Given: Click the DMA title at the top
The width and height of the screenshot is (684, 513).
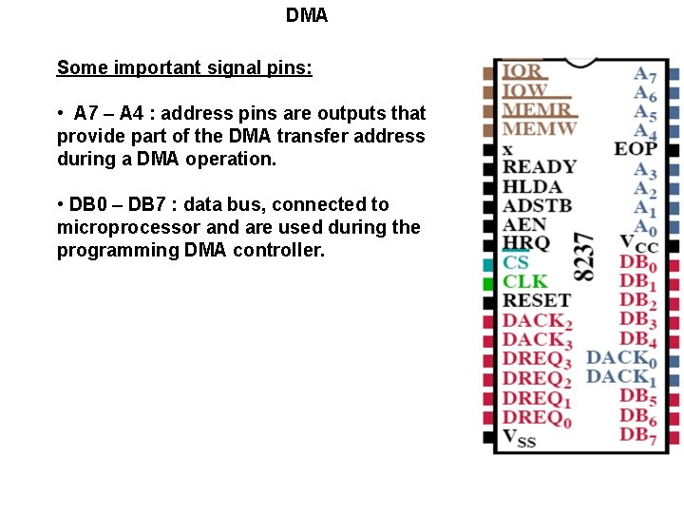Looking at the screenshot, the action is [x=307, y=16].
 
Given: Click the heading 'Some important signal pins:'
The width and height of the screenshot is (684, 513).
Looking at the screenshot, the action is [x=184, y=67].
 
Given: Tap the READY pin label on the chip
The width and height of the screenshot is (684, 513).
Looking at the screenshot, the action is [x=539, y=167].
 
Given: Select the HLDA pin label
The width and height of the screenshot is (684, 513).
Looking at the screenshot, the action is [x=532, y=186].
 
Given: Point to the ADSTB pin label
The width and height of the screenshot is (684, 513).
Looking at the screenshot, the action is [x=537, y=205].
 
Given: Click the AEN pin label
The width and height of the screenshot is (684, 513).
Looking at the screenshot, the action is [x=524, y=224].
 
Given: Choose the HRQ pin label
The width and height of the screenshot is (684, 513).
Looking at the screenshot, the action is [x=525, y=243].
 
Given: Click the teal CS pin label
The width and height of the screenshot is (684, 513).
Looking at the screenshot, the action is [x=516, y=262].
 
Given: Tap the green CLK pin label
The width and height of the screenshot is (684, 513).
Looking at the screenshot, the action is [x=525, y=281].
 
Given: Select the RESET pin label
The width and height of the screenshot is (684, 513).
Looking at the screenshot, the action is [x=536, y=301].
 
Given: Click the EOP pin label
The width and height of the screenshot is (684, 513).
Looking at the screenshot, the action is [x=636, y=148].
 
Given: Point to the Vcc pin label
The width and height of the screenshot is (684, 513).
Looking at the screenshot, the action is [x=638, y=243].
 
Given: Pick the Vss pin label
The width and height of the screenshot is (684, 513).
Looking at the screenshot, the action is [x=519, y=437].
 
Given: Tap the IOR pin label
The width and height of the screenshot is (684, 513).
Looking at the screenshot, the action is [x=522, y=70].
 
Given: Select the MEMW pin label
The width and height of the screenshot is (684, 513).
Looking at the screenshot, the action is [x=539, y=129].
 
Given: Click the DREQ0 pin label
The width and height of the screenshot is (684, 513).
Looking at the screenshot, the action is [x=537, y=418].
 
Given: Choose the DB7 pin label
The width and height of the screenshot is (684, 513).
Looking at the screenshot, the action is [x=638, y=435].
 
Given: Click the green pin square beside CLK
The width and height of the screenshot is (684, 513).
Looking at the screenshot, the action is [x=488, y=283].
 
